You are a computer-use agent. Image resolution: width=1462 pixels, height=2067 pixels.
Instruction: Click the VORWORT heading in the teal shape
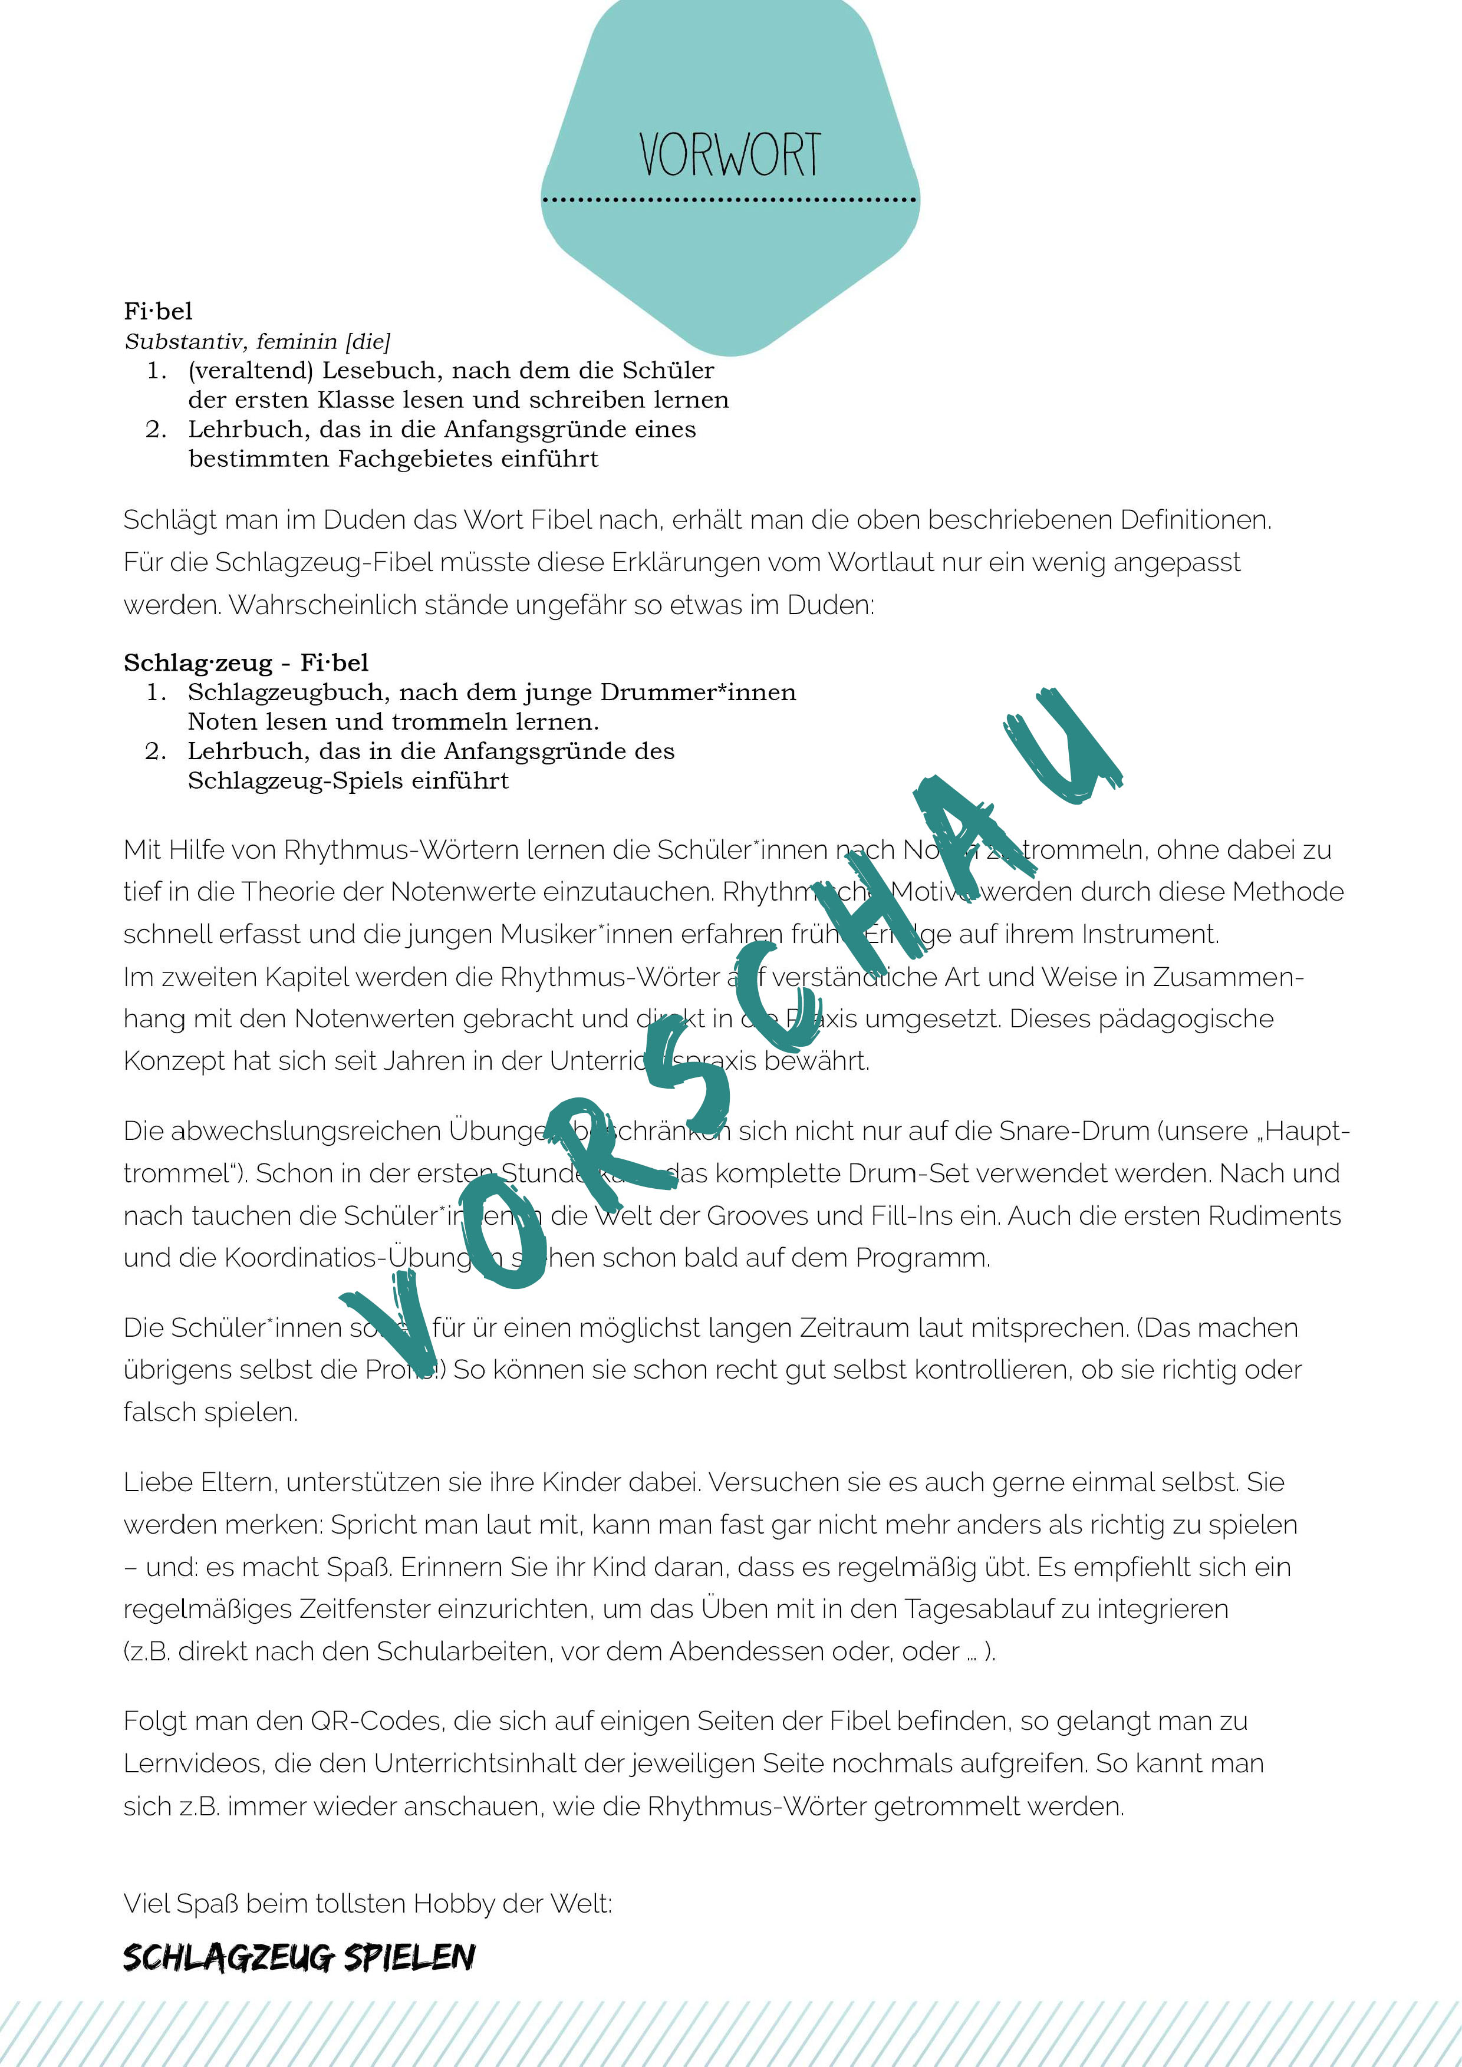[729, 155]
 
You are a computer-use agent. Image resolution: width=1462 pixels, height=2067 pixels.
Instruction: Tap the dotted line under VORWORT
[729, 200]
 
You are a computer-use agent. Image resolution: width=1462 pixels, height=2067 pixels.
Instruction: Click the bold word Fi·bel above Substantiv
[159, 311]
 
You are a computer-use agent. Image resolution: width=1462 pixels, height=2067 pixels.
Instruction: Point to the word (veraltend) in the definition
[251, 371]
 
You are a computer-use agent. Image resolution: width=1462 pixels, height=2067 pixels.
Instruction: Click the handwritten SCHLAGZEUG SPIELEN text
[299, 1957]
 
